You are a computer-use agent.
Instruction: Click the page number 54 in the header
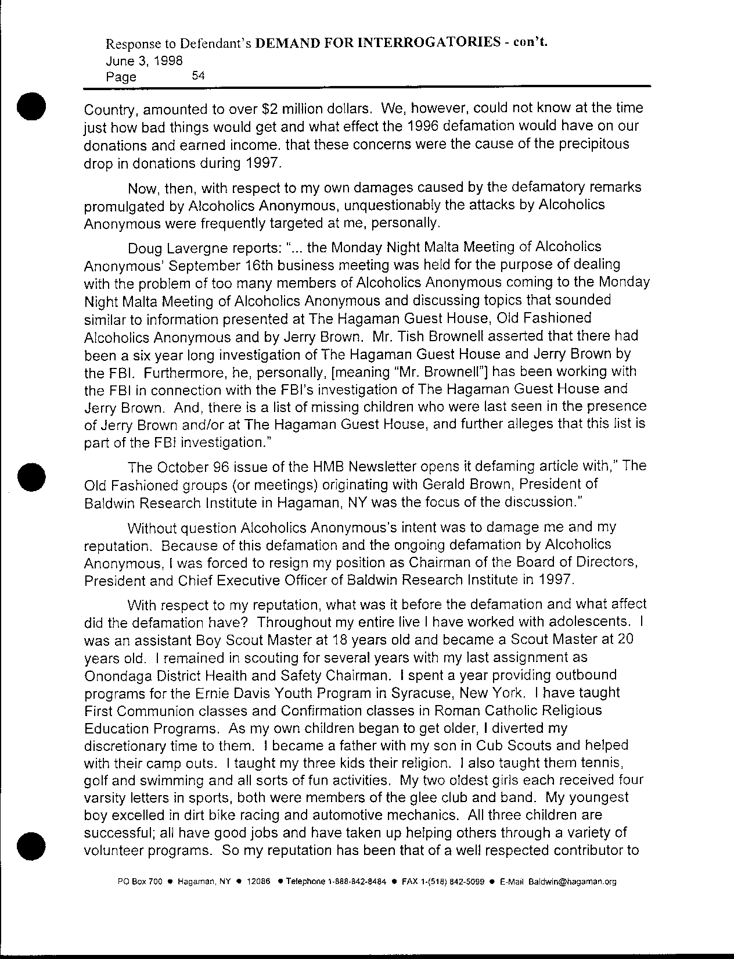point(198,76)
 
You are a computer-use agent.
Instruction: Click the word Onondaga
point(116,675)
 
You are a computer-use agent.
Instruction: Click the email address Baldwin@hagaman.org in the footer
point(572,882)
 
